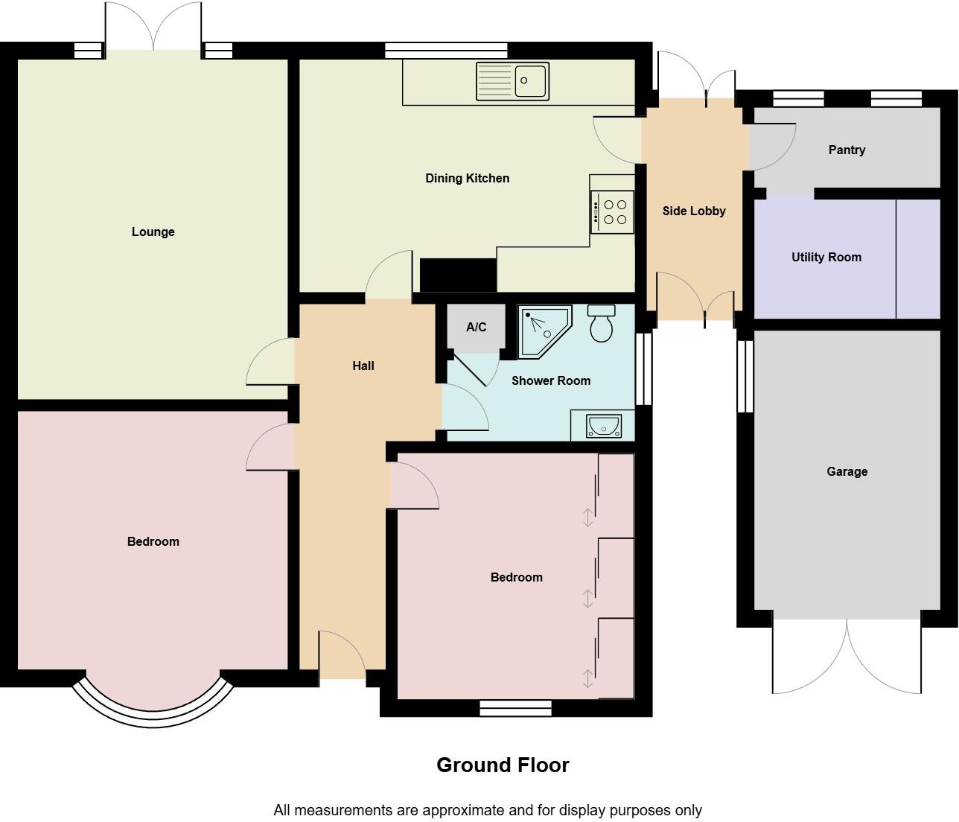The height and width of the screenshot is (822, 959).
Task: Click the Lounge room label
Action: click(x=153, y=232)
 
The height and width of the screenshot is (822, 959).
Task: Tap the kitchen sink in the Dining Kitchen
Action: click(x=512, y=81)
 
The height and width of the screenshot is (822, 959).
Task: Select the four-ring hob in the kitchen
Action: click(x=613, y=211)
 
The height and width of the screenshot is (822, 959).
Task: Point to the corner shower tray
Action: click(x=543, y=331)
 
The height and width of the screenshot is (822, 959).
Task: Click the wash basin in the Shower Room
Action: click(x=603, y=426)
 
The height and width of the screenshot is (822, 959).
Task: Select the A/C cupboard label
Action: click(x=476, y=327)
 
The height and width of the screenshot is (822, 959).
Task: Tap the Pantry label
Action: click(x=847, y=150)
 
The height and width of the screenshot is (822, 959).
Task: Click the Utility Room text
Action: click(x=826, y=257)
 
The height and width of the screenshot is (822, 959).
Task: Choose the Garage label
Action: click(x=847, y=471)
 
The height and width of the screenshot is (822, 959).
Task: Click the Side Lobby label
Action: click(x=694, y=211)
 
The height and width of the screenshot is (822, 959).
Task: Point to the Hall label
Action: click(x=363, y=366)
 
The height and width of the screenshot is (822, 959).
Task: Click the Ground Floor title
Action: click(x=503, y=765)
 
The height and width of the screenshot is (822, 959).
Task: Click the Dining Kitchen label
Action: click(x=467, y=178)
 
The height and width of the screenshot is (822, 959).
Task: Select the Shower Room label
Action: click(x=550, y=380)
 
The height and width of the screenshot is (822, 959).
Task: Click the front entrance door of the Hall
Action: click(x=342, y=655)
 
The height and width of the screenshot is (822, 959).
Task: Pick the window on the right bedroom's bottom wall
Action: click(x=515, y=707)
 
